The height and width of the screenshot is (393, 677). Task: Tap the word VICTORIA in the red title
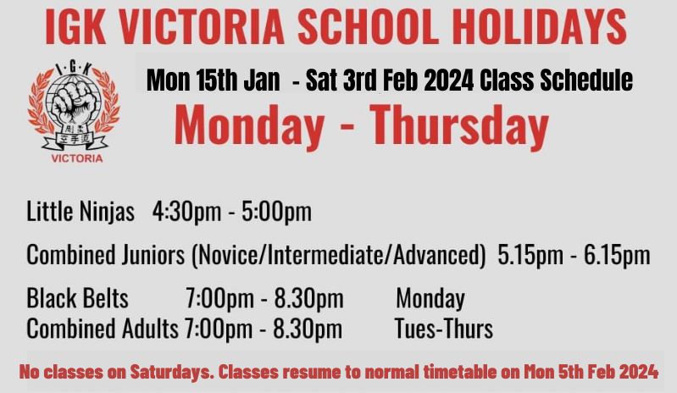tap(201, 26)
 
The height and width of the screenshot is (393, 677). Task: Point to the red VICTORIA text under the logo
tap(77, 158)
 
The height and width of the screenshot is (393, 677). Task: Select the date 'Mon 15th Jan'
tap(213, 80)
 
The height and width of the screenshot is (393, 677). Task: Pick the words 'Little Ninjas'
tap(80, 212)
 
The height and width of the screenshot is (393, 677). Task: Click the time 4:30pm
tap(186, 212)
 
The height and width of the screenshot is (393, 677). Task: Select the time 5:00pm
tap(276, 212)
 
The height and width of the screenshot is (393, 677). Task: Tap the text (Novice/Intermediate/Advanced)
tap(339, 255)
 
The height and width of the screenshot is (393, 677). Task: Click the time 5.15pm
tap(530, 255)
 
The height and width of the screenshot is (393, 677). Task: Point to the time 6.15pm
tap(617, 255)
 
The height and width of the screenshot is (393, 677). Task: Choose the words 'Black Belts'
tap(77, 298)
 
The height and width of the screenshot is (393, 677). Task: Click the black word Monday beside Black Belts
tap(430, 299)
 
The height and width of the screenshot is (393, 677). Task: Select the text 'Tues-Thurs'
tap(444, 329)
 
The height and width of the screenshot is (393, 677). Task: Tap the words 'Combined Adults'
tap(103, 329)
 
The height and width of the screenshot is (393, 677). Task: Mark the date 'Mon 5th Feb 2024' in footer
tap(591, 372)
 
